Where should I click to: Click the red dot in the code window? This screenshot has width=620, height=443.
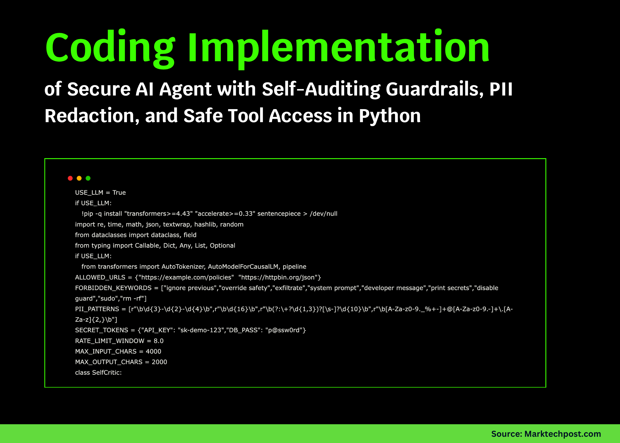(70, 178)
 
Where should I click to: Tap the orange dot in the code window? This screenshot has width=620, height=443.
(79, 178)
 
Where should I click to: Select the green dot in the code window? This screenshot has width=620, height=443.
(88, 178)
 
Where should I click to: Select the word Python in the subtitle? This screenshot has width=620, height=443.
(390, 116)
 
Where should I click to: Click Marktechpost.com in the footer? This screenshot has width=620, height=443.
(562, 434)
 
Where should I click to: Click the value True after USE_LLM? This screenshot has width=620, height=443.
(119, 192)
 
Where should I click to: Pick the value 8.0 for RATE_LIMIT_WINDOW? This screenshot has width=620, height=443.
(158, 341)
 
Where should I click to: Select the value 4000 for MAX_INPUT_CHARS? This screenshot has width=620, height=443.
(153, 351)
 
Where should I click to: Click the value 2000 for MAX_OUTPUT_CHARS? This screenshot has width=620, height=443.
(159, 362)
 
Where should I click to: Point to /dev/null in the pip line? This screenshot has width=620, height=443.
(323, 214)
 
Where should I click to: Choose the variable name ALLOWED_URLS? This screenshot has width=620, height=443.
(100, 277)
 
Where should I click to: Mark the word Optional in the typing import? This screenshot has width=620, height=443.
(222, 245)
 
